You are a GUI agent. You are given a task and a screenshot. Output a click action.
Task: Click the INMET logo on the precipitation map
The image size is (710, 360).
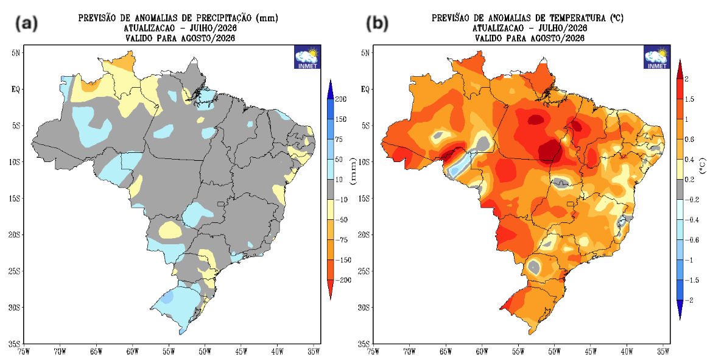[x=308, y=57]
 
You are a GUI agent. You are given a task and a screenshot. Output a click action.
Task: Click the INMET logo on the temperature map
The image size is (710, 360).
[x=657, y=57]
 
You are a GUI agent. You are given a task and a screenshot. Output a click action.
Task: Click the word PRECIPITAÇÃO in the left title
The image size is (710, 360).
[x=223, y=18]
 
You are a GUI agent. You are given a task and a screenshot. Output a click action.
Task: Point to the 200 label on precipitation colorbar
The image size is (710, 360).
[x=340, y=99]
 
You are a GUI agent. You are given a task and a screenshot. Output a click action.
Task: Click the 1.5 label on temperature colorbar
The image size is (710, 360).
[x=689, y=99]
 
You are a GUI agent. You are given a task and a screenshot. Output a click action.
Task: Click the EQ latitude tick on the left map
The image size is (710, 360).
[x=15, y=89]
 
